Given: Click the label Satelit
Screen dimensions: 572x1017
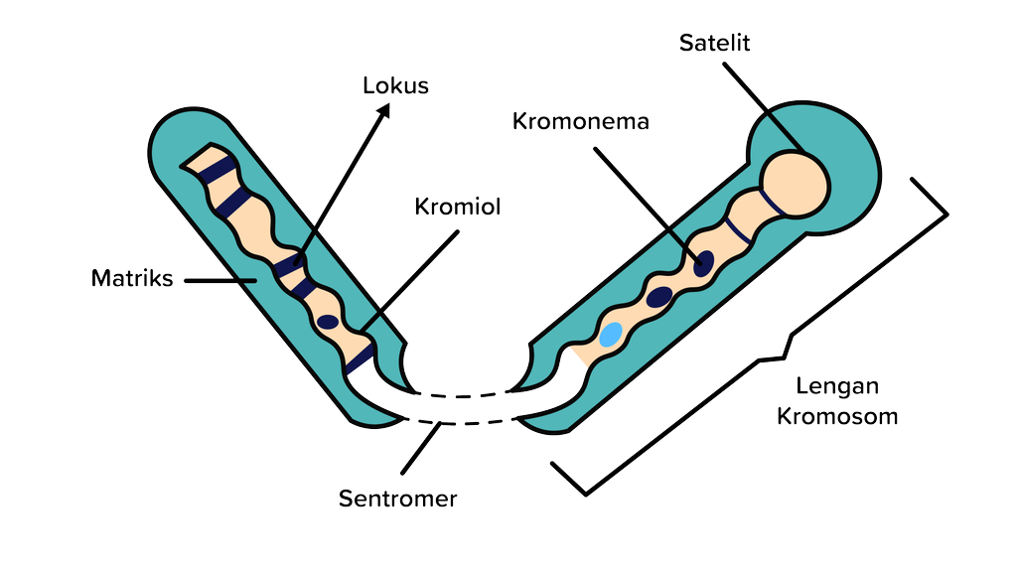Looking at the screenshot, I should (714, 43).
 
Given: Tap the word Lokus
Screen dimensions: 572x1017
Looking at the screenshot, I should (395, 85).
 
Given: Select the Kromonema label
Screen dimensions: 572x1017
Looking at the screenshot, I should (581, 121).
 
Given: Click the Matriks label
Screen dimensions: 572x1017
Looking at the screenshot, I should (132, 278).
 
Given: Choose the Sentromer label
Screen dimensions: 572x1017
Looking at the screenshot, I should (398, 498).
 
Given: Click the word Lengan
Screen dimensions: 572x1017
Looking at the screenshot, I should (837, 386).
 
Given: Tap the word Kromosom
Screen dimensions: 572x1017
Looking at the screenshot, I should (837, 415).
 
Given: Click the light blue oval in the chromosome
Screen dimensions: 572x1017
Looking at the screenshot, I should (610, 334).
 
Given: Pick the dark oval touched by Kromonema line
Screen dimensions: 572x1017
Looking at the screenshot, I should (703, 263).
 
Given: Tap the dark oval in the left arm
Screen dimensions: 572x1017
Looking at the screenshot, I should (327, 322).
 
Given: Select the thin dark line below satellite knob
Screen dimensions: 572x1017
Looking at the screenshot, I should (737, 230).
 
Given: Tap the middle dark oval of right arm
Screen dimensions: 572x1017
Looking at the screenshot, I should (659, 296).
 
